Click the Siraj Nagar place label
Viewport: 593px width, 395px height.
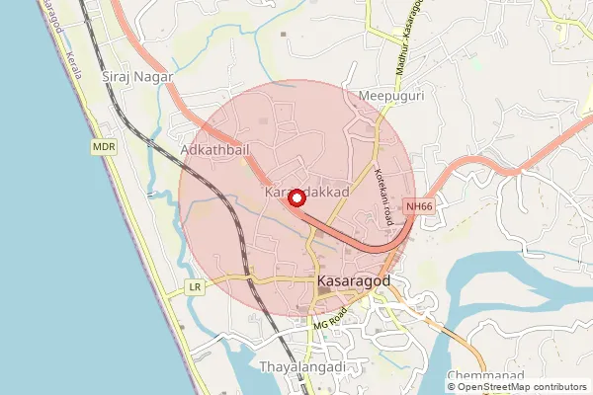[x=137, y=76]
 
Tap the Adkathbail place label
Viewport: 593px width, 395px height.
[x=214, y=149]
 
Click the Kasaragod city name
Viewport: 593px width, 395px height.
[x=355, y=281]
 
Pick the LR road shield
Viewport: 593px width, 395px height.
[x=195, y=288]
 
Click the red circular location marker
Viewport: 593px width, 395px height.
[x=295, y=198]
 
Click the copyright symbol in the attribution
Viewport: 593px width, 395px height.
[x=453, y=386]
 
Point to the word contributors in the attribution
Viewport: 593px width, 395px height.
[x=557, y=386]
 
